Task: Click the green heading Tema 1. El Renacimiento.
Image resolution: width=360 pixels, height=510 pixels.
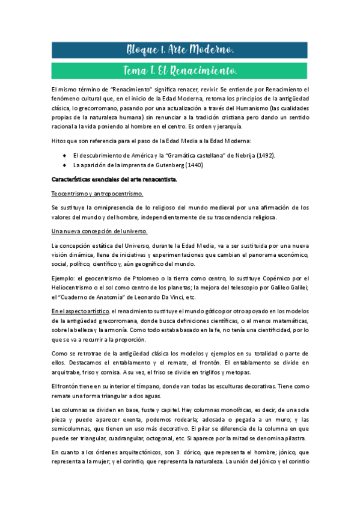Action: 180,71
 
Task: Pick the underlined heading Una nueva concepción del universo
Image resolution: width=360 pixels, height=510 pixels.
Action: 99,232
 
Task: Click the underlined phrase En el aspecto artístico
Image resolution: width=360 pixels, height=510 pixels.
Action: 80,311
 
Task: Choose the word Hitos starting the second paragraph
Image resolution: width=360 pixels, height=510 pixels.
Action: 59,141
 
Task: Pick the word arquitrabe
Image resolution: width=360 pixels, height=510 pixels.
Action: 68,372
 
